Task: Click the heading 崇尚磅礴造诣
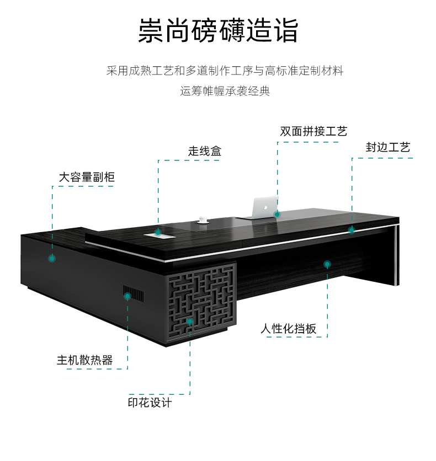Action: pos(218,31)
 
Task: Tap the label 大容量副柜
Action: pos(87,177)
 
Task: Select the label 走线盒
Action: pos(204,151)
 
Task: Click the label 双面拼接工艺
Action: pos(313,131)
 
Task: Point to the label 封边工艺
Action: pos(388,148)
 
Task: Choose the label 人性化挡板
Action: pos(289,329)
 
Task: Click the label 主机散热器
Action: pos(84,361)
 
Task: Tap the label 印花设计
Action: pos(150,403)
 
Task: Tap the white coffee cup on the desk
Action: pos(201,221)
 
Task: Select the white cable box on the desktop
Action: pos(159,235)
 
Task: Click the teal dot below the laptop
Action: pos(277,214)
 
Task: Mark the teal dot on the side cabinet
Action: pos(52,258)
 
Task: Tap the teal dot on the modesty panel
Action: pos(327,264)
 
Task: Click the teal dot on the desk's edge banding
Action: pos(352,229)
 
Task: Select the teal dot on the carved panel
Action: pos(190,321)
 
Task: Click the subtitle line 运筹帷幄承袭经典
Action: pos(225,91)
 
